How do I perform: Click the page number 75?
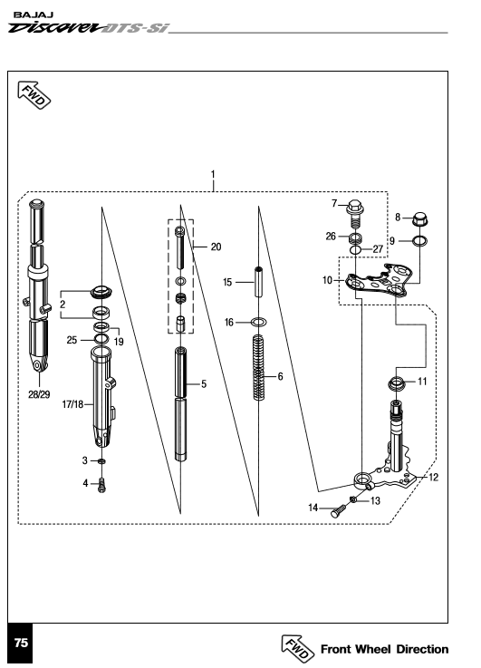[x=21, y=643]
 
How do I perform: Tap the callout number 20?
[x=216, y=247]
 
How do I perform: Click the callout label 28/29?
[x=39, y=395]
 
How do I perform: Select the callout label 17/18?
[x=72, y=404]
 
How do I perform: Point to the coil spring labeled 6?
[x=258, y=367]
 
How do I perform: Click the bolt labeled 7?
[x=353, y=214]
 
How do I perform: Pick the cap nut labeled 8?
[x=419, y=220]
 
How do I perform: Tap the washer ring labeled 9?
[x=419, y=241]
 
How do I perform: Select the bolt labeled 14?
[x=339, y=511]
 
